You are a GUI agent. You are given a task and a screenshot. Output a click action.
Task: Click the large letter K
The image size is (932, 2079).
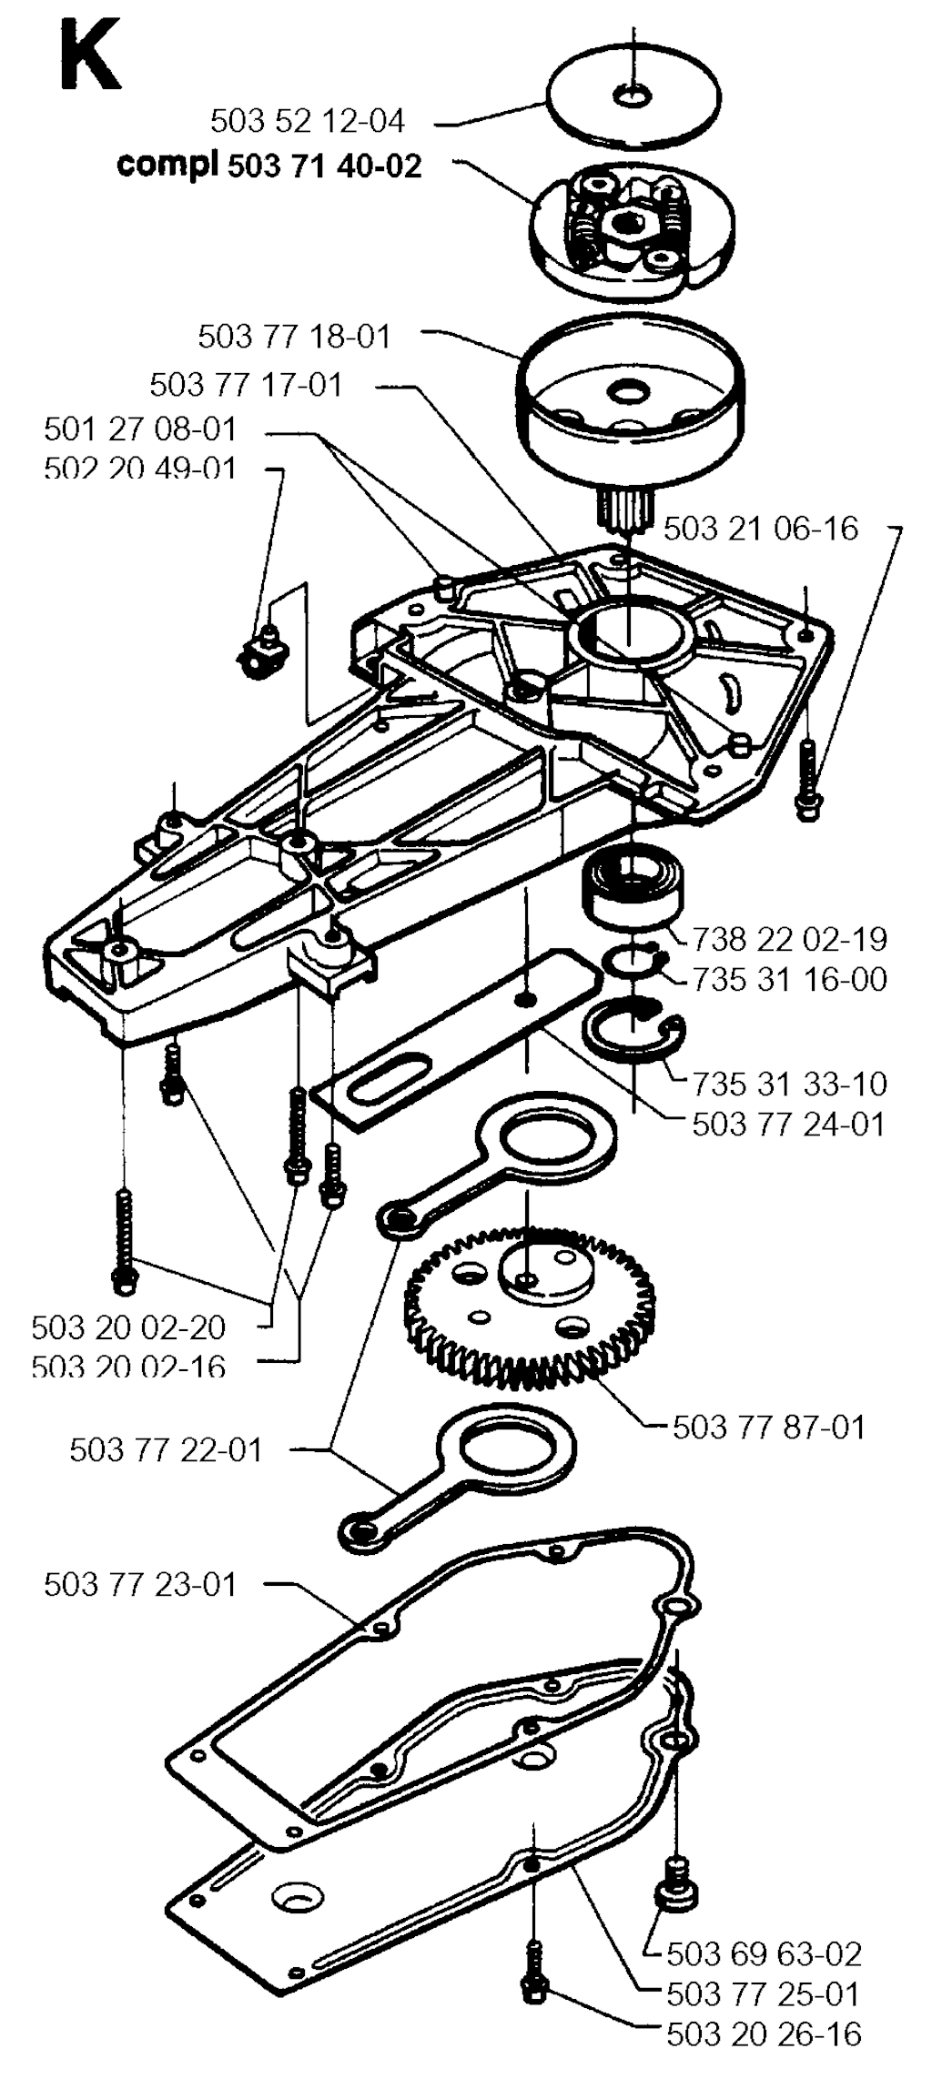90,56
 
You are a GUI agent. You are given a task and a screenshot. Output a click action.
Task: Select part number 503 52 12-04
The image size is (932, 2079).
308,121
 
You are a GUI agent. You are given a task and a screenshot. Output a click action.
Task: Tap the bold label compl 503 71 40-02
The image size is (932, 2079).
269,166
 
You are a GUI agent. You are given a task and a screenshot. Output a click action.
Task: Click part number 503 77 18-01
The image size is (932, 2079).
294,337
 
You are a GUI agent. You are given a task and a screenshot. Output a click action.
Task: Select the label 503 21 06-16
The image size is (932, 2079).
761,529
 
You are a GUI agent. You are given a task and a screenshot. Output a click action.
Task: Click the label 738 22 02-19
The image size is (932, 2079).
790,939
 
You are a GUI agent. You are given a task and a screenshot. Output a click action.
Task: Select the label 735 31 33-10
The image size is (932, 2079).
790,1084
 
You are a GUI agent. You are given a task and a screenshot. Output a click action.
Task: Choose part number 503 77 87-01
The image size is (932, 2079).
769,1426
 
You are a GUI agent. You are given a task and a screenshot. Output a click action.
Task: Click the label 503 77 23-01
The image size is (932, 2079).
140,1584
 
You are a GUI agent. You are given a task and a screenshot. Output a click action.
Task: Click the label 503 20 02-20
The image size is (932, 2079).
128,1327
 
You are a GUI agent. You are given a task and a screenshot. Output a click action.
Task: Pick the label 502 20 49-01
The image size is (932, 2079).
140,468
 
